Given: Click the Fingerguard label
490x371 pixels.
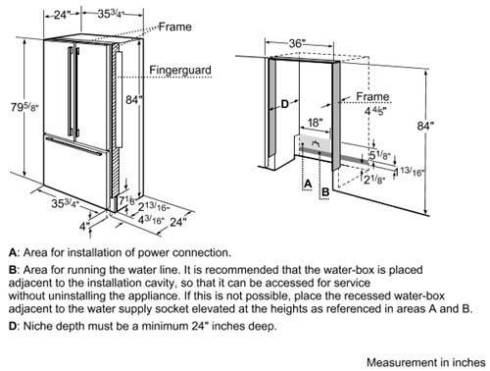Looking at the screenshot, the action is pos(180,70).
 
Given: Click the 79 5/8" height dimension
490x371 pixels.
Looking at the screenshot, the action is pos(24,107).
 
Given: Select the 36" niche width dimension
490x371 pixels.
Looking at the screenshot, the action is pos(297,43).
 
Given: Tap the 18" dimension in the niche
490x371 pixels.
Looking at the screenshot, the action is pos(316,123).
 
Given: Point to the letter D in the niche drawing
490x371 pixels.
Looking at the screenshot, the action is pos(285,104).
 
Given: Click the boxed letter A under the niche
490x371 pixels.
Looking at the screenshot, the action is pos(308,185).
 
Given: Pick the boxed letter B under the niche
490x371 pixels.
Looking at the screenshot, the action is pos(325,191).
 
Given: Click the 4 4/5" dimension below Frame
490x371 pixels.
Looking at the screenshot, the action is pos(375,111).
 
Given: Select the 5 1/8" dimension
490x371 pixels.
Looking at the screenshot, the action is pos(380,155).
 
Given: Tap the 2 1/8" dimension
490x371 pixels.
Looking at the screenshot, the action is pos(374,180).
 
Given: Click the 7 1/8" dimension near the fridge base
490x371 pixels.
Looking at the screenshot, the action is pos(126,200).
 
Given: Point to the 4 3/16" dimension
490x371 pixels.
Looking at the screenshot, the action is pos(151,220).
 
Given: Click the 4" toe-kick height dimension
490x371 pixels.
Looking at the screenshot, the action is pos(84,226).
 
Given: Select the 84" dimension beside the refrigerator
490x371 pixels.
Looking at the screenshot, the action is pos(133,99).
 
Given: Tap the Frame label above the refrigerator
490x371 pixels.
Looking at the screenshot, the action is pos(175,26).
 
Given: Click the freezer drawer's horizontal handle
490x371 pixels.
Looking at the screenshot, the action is pos(73,146).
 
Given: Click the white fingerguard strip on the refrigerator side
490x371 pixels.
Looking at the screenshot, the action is pos(119,99).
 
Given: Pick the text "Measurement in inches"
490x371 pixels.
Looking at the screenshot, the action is pos(426,362).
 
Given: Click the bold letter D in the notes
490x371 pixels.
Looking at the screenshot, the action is pos(13,326).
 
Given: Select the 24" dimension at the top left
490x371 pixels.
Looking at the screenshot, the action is pos(62,15).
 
